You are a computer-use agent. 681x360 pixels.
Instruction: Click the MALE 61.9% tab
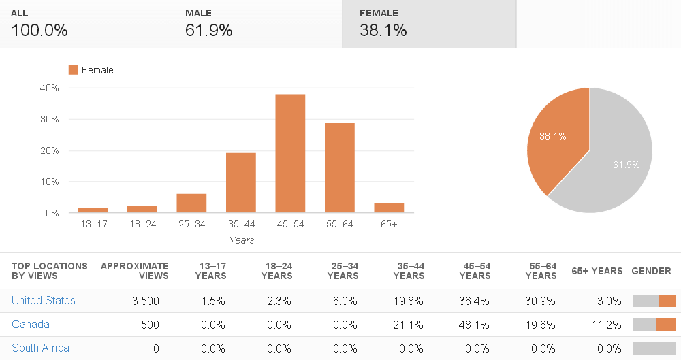coord(255,24)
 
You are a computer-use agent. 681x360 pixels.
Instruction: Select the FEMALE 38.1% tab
coord(429,24)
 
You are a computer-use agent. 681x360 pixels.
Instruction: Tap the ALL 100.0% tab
coord(84,24)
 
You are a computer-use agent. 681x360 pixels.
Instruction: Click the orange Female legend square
coord(73,70)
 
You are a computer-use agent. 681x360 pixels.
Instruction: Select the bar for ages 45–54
coord(290,153)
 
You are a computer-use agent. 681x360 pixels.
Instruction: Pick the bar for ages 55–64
coord(340,168)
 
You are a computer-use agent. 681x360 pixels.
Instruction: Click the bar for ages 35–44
coord(241,183)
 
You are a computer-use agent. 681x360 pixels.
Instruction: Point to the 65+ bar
coord(389,208)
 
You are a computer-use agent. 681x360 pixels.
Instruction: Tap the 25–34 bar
coord(191,203)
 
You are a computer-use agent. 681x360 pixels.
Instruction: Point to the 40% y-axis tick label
coord(49,88)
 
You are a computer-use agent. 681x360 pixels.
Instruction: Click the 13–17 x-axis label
coord(94,224)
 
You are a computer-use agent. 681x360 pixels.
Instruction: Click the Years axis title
coord(242,240)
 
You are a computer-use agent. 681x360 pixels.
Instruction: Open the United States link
coord(44,301)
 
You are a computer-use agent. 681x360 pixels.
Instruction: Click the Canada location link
coord(31,325)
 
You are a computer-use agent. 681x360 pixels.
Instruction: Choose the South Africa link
coord(40,348)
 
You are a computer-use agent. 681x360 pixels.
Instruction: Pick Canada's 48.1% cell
coord(474,325)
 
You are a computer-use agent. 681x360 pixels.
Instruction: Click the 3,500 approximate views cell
coord(146,301)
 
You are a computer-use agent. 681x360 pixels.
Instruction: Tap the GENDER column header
coord(651,271)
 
